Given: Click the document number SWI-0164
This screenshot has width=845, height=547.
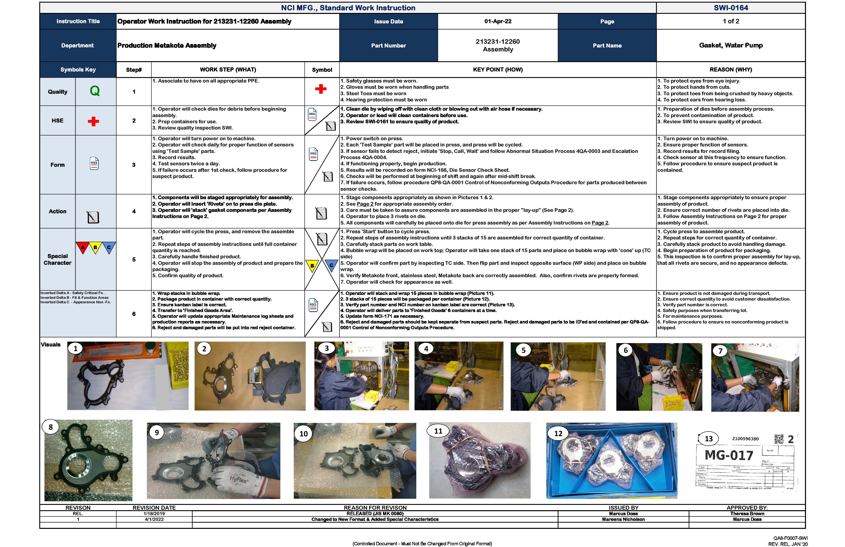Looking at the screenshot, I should tap(731, 8).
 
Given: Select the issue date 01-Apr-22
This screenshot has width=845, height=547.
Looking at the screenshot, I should tap(498, 21).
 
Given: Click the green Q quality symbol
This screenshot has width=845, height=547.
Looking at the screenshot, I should tap(95, 91).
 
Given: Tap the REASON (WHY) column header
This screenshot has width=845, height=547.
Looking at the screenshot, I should tap(731, 70).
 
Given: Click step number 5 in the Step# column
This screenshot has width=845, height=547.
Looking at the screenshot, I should tap(134, 259).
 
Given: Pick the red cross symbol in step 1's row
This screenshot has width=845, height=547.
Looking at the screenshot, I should tap(321, 89).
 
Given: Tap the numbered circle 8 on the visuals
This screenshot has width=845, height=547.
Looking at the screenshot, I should tap(50, 427).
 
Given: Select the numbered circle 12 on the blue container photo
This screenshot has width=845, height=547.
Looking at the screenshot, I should tap(558, 433).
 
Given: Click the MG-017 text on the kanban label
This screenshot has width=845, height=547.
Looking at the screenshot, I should tap(728, 455).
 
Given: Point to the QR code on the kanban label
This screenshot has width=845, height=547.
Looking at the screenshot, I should tap(779, 439).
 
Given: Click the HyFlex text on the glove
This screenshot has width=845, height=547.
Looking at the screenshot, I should tap(238, 480).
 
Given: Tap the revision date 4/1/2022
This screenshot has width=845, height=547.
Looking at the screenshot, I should tap(154, 519).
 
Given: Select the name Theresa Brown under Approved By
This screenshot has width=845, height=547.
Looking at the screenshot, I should tap(747, 514).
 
